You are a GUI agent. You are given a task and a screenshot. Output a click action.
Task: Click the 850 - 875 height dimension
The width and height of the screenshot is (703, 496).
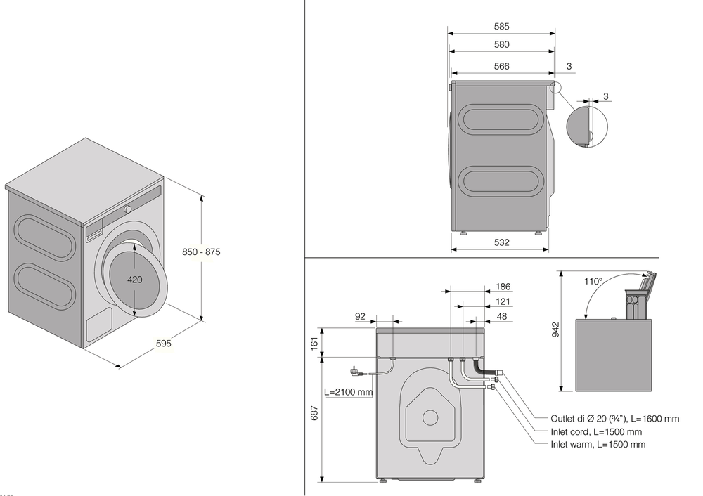(x=200, y=252)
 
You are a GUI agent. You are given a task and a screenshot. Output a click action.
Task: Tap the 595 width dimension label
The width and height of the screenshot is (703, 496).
(x=163, y=344)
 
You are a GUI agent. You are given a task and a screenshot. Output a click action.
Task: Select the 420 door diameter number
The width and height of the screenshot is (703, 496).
(x=135, y=280)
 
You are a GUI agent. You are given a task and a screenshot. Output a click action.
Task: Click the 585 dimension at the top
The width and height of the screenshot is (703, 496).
(x=501, y=27)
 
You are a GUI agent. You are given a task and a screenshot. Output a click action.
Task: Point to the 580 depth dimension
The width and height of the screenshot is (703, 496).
(x=501, y=45)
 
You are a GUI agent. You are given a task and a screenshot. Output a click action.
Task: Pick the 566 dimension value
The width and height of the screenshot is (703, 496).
(x=501, y=67)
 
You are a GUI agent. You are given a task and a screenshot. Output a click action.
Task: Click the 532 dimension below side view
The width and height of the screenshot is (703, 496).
(x=501, y=242)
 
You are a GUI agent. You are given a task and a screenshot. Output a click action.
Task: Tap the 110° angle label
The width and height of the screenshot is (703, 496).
(x=593, y=282)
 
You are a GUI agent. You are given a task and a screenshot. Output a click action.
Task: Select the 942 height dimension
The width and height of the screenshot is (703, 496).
(x=556, y=330)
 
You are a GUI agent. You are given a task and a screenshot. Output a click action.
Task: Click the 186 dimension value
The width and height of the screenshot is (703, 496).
(x=503, y=287)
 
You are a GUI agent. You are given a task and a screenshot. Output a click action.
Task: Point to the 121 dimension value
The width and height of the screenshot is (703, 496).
(x=503, y=301)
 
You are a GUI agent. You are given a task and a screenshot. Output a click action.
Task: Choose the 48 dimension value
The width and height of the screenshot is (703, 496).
(x=502, y=316)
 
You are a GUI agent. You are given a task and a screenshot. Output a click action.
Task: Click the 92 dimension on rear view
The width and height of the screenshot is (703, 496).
(x=360, y=316)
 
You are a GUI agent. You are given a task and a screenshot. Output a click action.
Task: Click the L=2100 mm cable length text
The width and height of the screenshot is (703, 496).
(x=348, y=392)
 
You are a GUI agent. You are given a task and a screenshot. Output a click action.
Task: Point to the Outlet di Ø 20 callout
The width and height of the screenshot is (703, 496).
(x=614, y=419)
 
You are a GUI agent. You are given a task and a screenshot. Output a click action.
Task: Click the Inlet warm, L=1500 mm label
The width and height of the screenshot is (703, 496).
(x=598, y=445)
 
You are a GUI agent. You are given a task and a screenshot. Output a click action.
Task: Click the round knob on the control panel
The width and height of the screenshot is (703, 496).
(x=129, y=209)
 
